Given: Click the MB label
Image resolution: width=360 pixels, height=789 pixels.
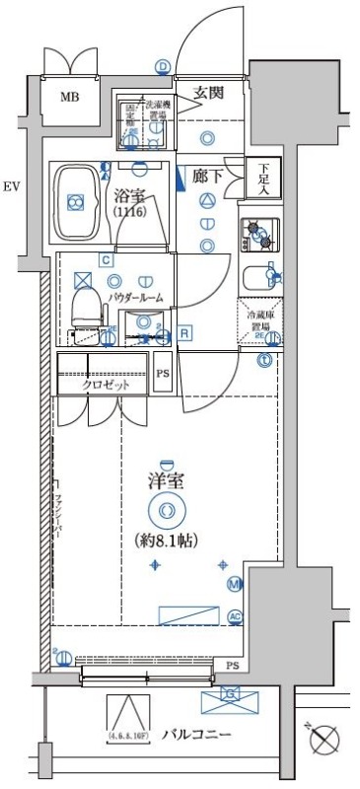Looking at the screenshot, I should (x=69, y=97).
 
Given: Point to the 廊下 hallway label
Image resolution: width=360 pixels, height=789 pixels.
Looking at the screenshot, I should (x=207, y=177).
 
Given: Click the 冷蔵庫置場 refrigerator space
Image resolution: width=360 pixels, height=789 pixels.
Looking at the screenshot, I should (x=259, y=324).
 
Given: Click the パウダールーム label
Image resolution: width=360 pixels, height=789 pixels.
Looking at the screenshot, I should (x=135, y=297).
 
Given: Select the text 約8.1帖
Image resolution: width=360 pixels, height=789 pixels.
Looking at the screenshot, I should (x=166, y=540).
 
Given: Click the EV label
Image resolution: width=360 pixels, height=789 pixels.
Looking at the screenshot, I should (x=11, y=185).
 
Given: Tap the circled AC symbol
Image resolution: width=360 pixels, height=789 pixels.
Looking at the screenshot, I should (x=235, y=616).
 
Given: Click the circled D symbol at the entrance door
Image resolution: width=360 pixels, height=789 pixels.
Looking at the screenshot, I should (x=162, y=66).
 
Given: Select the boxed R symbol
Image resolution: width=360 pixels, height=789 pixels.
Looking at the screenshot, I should (x=184, y=333).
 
